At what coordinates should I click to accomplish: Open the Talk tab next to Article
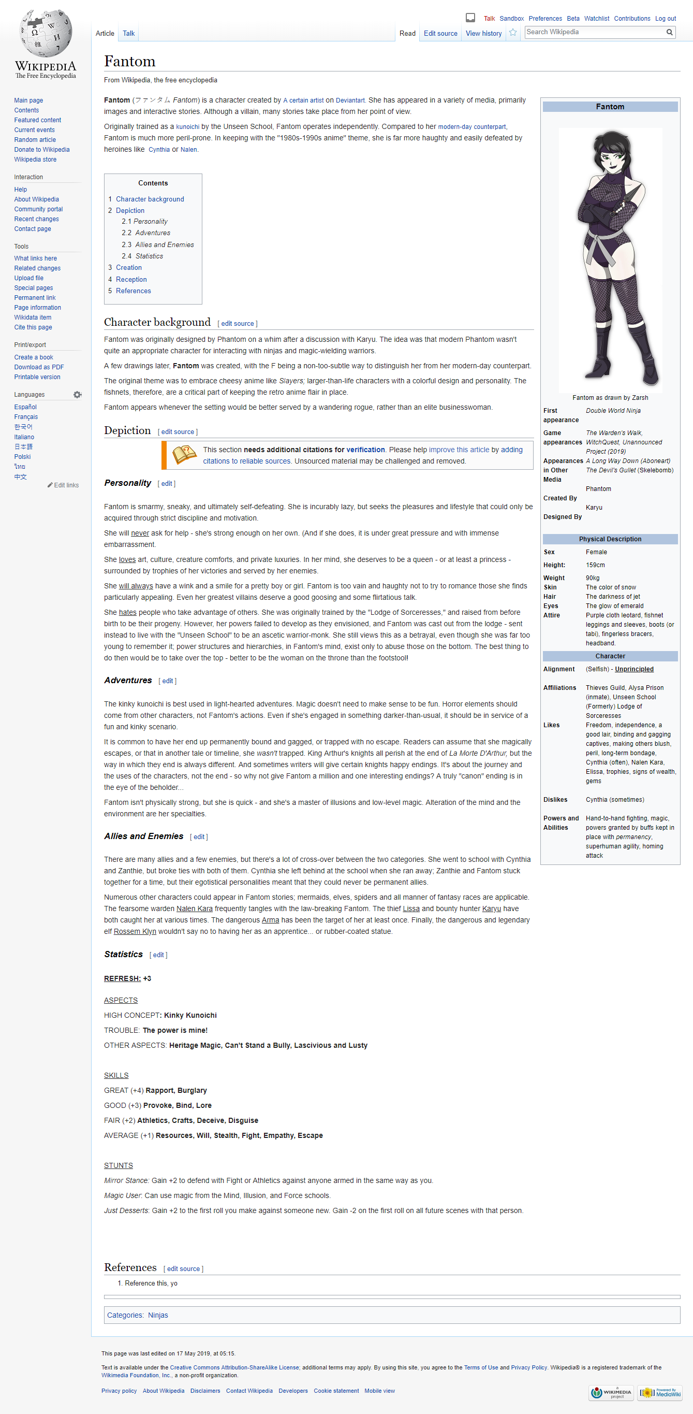pos(128,34)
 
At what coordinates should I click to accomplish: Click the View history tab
pos(483,34)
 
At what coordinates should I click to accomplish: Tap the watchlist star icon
pos(513,33)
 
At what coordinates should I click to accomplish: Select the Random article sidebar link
pos(35,140)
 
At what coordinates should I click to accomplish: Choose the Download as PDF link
pos(39,367)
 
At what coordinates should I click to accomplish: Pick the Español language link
pos(25,407)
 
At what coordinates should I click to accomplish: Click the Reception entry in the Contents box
pos(131,279)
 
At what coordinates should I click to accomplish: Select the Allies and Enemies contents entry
pos(164,245)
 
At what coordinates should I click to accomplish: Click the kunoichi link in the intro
pos(188,127)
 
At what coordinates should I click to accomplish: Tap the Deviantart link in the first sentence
pos(350,100)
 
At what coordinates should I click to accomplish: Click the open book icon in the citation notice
pos(184,455)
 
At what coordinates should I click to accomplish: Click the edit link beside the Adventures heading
pos(167,681)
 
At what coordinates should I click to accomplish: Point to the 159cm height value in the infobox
pos(595,566)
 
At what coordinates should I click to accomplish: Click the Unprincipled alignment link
pos(634,669)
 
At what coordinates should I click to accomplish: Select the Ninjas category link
pos(158,1315)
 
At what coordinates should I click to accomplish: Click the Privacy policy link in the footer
pos(119,1391)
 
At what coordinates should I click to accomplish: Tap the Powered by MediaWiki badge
pos(659,1393)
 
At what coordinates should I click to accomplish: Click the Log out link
pos(665,19)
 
